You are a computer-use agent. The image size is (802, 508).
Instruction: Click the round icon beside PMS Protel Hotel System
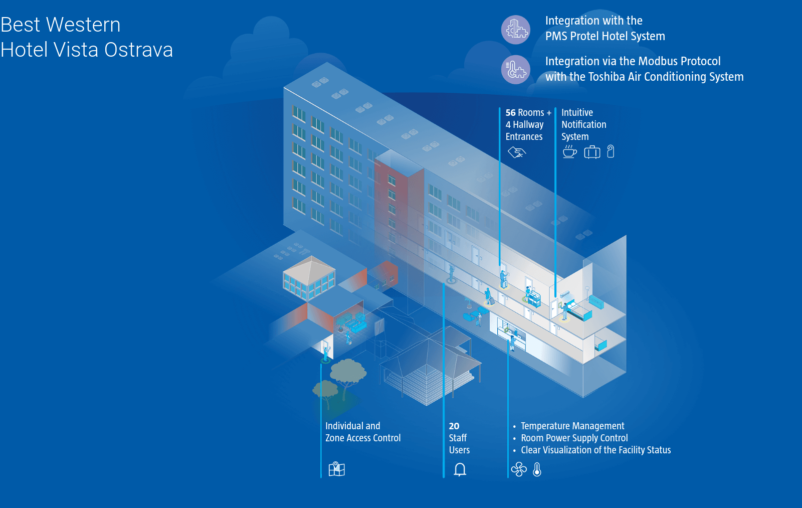pos(515,30)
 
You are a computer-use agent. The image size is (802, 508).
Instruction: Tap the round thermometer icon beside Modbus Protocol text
pos(515,69)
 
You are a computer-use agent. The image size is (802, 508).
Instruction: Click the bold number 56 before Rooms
pos(510,113)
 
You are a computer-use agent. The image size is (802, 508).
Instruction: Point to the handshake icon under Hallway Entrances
pos(516,152)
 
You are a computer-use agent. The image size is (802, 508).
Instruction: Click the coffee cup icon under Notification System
pos(569,151)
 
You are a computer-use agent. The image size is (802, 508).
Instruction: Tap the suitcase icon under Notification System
pos(592,151)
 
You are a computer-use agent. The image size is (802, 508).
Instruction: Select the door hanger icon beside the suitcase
pos(611,151)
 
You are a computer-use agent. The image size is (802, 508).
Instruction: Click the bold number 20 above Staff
pos(454,426)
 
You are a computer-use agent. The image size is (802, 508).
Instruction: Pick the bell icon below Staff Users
pos(460,469)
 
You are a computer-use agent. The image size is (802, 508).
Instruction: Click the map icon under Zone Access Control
pos(336,469)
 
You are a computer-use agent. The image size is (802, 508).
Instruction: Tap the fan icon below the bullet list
pos(519,469)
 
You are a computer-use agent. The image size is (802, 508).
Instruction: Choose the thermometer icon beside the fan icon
pos(537,469)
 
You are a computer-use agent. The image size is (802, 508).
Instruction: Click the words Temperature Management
pos(572,426)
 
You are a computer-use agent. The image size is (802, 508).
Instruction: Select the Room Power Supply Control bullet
pos(574,438)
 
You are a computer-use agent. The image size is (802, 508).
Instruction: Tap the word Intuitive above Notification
pos(577,113)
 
